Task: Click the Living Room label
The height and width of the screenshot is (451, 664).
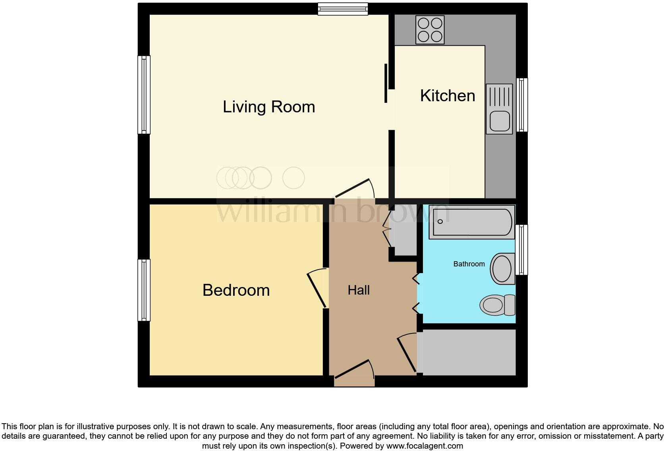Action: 269,107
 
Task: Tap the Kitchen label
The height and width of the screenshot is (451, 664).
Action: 448,96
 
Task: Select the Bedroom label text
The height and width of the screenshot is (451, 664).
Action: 236,290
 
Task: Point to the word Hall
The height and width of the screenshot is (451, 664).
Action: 359,290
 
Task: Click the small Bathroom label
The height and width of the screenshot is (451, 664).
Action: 469,264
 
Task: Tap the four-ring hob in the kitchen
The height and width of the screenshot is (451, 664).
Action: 430,30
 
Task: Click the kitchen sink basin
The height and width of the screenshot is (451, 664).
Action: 500,121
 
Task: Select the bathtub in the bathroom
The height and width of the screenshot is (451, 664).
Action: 472,222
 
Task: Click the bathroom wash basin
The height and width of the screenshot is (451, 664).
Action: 502,269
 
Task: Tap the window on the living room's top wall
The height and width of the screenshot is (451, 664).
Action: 343,9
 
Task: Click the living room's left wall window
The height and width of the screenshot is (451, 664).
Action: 144,94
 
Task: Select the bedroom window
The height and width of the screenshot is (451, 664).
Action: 144,290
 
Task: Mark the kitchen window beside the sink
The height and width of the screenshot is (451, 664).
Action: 522,105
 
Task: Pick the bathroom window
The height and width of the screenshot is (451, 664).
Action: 522,250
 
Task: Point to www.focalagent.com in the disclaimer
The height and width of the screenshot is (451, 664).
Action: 424,446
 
